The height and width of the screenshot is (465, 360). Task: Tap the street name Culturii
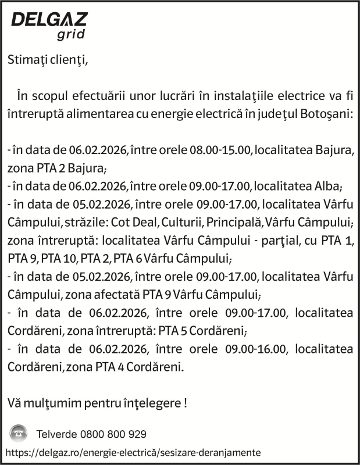click(179, 222)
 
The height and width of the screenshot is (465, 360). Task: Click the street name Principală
click(233, 222)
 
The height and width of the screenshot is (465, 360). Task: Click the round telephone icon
click(19, 433)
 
